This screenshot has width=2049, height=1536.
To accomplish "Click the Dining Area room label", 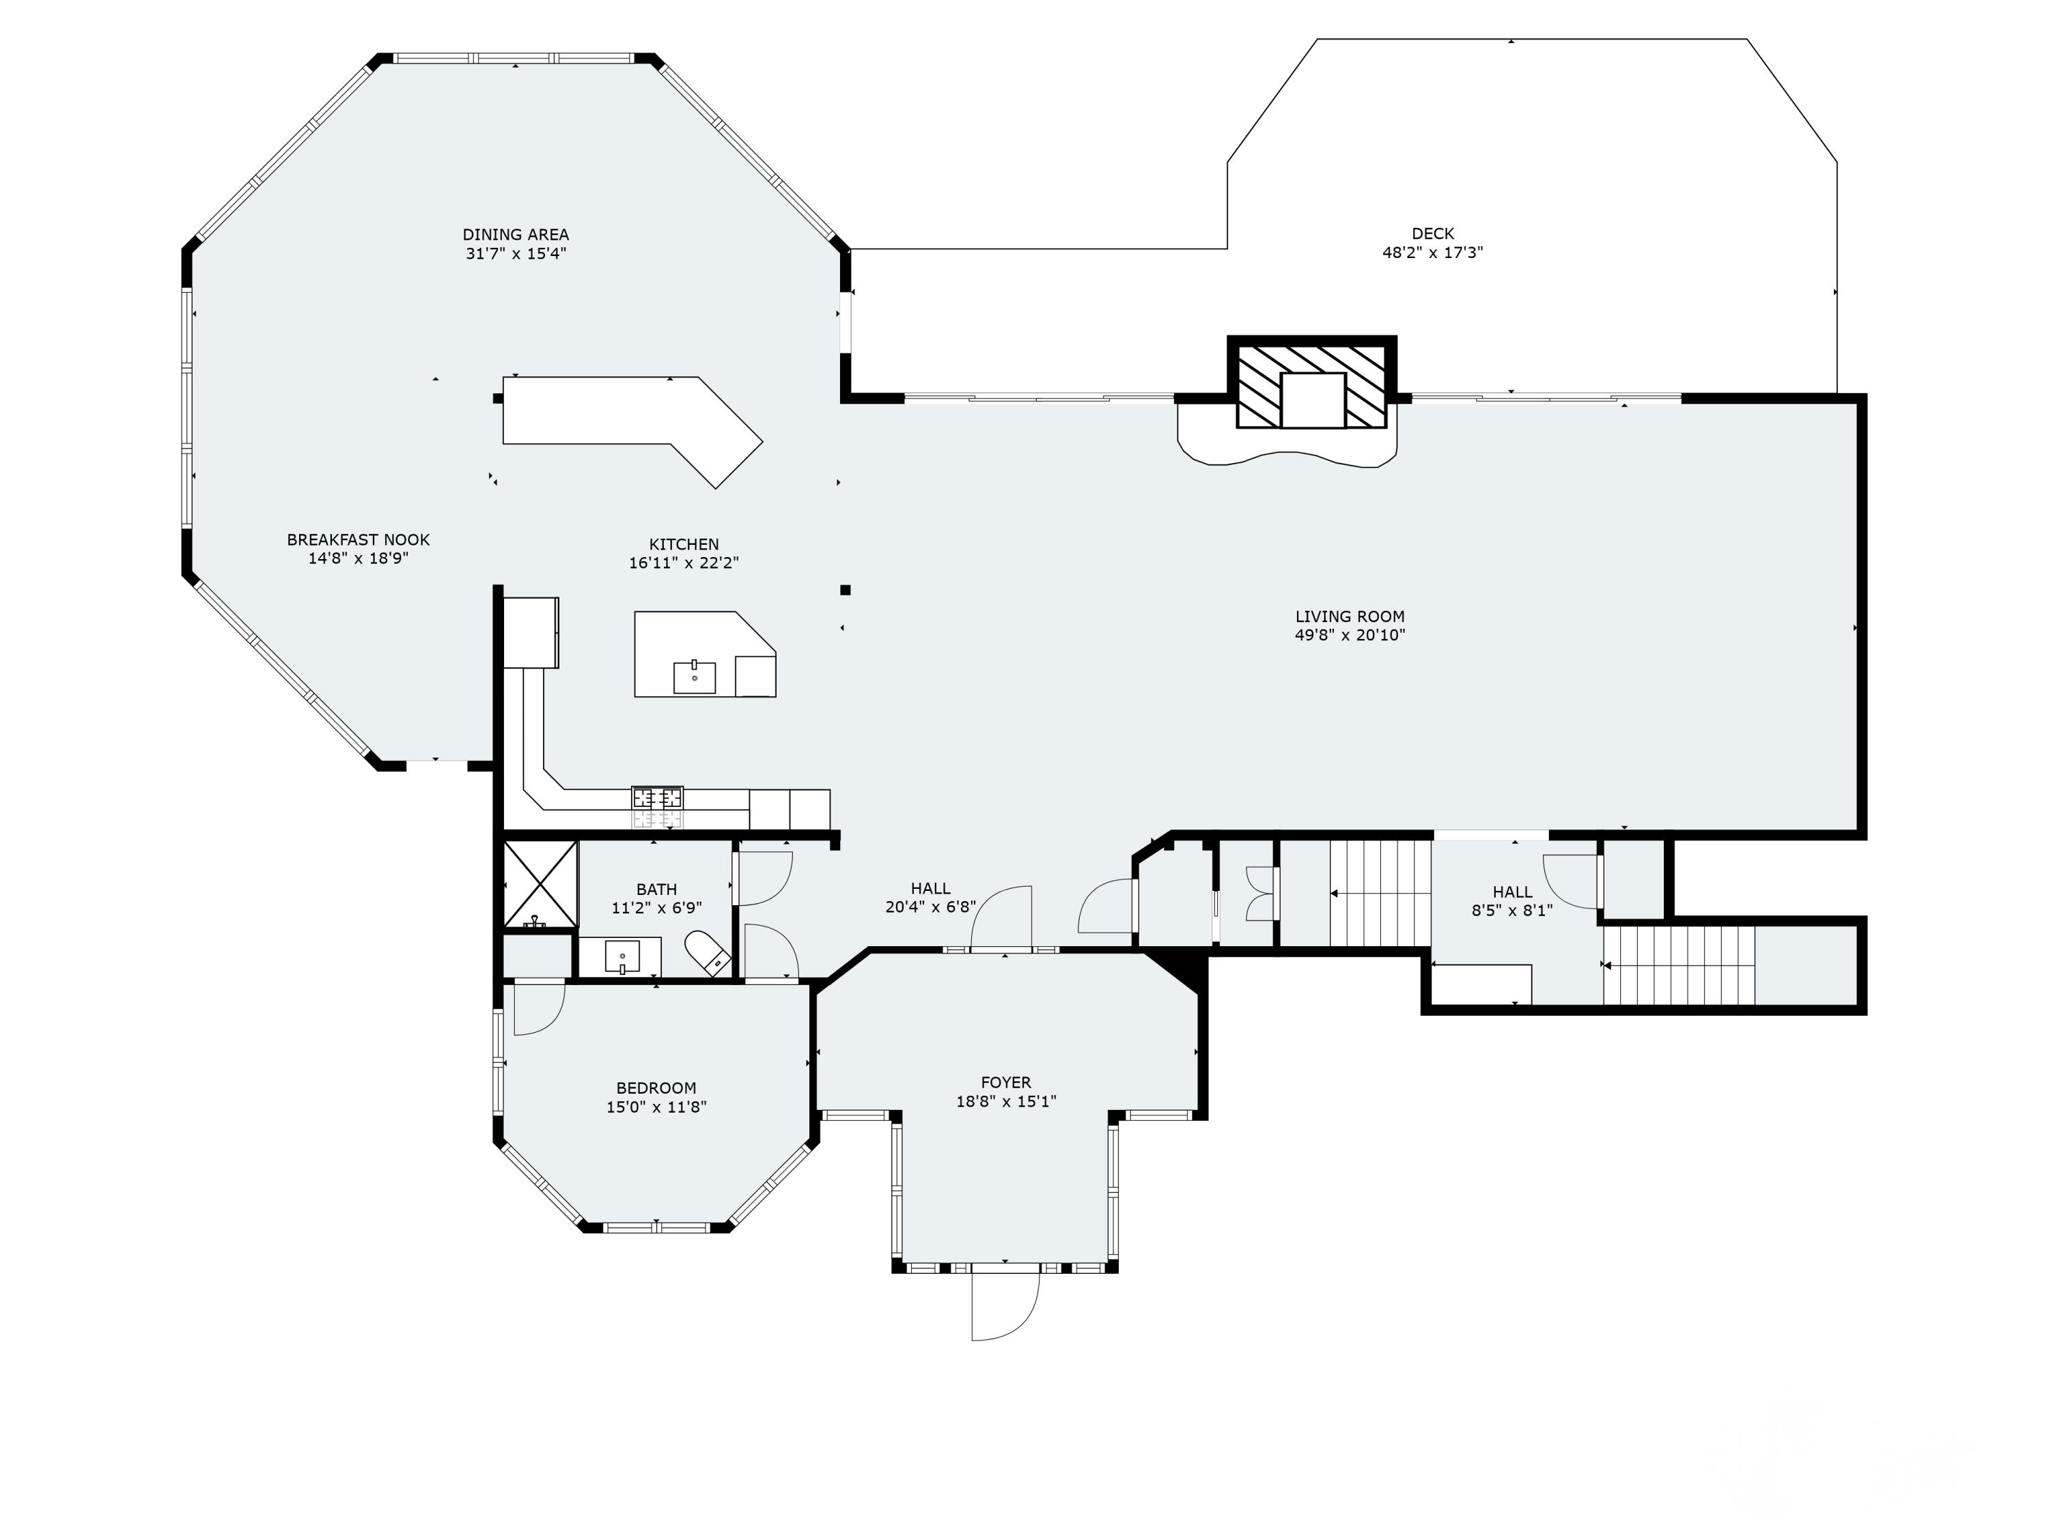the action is [x=516, y=234].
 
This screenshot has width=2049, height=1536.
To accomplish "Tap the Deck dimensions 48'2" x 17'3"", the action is [x=1433, y=252].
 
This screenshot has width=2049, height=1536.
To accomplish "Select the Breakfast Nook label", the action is [x=359, y=540].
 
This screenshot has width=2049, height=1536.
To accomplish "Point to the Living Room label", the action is [x=1350, y=616].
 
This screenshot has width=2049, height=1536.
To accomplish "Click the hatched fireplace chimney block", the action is [x=1311, y=382].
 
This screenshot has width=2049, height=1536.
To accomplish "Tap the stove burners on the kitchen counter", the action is [x=658, y=797].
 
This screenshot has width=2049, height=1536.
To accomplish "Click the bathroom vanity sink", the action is [x=622, y=956].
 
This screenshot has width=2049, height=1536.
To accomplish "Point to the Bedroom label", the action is [x=656, y=1088].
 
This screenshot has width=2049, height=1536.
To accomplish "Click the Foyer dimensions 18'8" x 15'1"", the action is [x=1006, y=1101].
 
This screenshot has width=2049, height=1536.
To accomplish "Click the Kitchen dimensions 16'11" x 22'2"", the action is [x=684, y=562].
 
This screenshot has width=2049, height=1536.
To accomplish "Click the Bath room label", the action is [x=657, y=890].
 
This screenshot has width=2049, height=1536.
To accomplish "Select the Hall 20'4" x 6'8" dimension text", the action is [x=931, y=907].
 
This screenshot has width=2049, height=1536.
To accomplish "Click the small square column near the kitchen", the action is [x=845, y=590].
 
